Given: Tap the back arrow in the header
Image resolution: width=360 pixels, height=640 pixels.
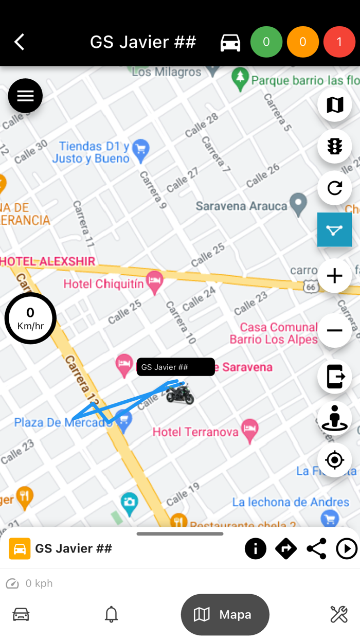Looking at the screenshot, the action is pyautogui.click(x=20, y=42).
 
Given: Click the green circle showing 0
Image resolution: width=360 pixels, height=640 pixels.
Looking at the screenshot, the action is pyautogui.click(x=266, y=42).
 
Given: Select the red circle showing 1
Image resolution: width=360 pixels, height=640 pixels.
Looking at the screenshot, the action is pyautogui.click(x=339, y=42).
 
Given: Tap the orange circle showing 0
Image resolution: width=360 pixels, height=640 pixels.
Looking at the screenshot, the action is pyautogui.click(x=303, y=42).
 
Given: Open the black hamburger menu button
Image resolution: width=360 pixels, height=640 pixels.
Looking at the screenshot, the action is pyautogui.click(x=25, y=96).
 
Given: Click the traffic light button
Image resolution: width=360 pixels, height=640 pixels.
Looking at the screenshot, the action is pyautogui.click(x=334, y=147).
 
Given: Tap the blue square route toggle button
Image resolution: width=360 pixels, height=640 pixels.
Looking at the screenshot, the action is pyautogui.click(x=334, y=229).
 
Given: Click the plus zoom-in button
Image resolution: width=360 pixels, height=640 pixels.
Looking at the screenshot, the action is pyautogui.click(x=334, y=276).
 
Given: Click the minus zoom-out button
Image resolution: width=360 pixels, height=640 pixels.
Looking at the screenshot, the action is pyautogui.click(x=334, y=330).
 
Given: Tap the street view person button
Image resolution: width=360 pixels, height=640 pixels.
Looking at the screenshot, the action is pyautogui.click(x=334, y=418).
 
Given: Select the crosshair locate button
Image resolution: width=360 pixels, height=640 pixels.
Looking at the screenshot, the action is pyautogui.click(x=334, y=459).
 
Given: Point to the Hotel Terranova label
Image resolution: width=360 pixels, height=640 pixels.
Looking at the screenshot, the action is pyautogui.click(x=195, y=432).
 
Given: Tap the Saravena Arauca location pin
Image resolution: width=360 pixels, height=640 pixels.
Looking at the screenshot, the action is pyautogui.click(x=298, y=204).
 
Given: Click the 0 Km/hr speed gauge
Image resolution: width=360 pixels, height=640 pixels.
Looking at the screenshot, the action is pyautogui.click(x=30, y=318).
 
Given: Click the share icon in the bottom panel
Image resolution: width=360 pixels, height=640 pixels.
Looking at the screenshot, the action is pyautogui.click(x=316, y=549).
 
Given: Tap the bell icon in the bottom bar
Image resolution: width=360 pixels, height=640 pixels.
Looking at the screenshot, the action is pyautogui.click(x=111, y=614).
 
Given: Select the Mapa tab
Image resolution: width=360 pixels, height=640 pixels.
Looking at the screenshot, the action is pyautogui.click(x=225, y=614).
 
